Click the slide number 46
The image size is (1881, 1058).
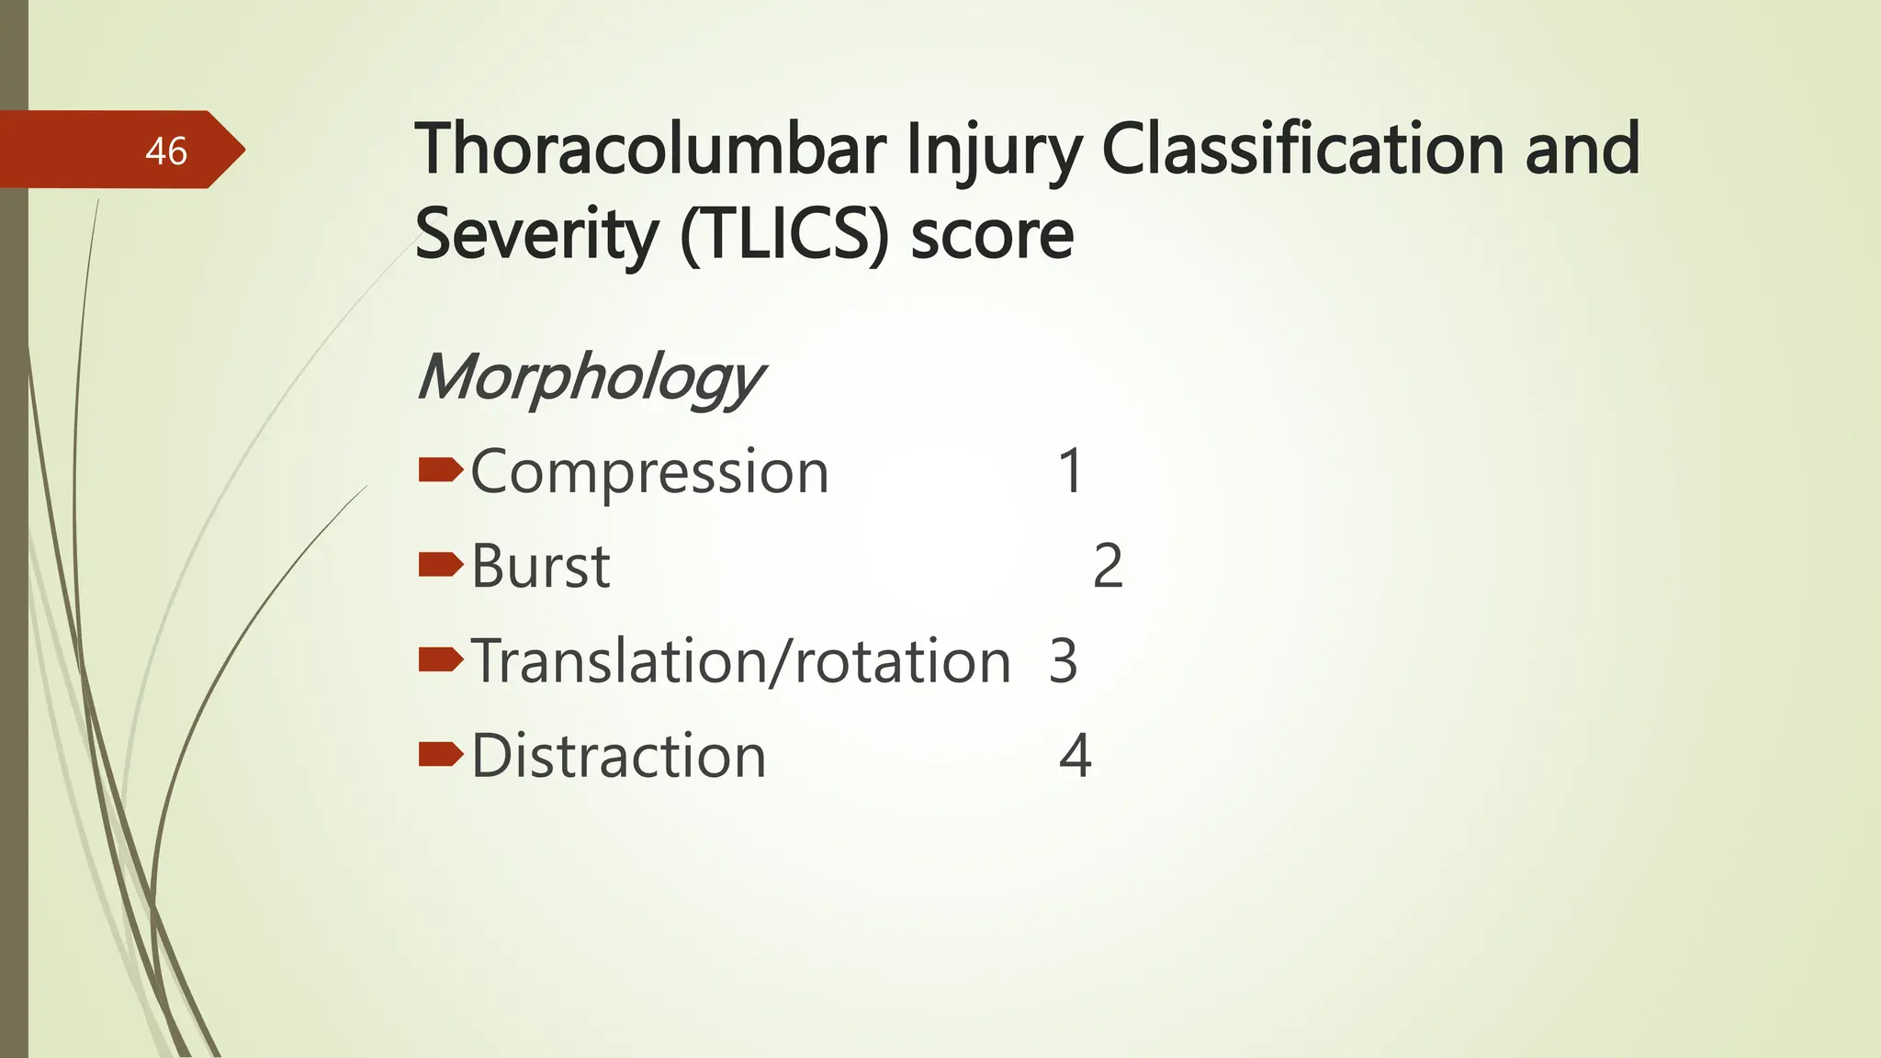pos(166,152)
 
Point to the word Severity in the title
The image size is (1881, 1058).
pos(537,235)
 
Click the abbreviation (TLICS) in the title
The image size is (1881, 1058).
pos(785,235)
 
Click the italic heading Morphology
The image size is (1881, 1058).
pos(590,377)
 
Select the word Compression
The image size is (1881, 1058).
pos(649,473)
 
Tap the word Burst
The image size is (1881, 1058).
pos(541,567)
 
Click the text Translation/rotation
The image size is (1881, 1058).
pos(741,661)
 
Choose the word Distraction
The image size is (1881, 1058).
pos(619,757)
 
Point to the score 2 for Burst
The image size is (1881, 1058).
pos(1108,567)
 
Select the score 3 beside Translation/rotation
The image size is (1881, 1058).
pos(1063,661)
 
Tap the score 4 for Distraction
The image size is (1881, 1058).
pos(1076,757)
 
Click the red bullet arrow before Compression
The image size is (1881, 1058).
pos(440,471)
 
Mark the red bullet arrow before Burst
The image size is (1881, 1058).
pos(440,565)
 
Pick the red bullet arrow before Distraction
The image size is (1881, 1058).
pos(440,755)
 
